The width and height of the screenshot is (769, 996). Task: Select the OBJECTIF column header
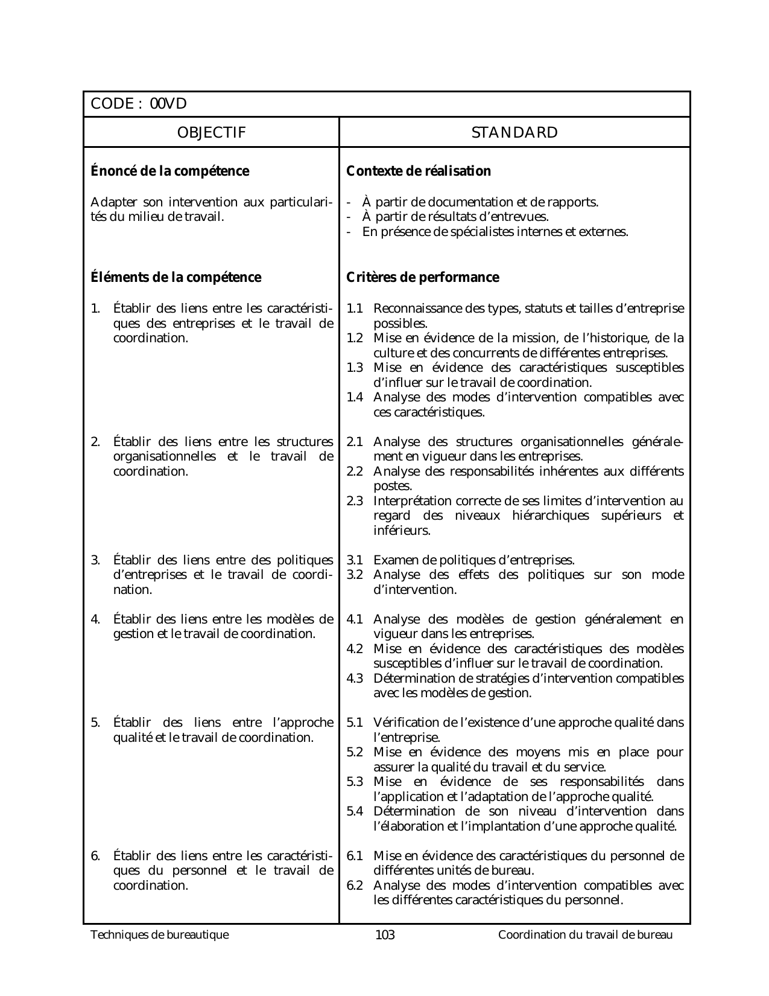coord(211,133)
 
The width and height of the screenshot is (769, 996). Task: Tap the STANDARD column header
coord(514,133)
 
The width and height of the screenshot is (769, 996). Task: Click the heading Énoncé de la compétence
coord(169,171)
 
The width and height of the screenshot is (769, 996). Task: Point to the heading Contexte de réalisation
coord(419,171)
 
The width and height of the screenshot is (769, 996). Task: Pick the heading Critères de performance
coord(423,278)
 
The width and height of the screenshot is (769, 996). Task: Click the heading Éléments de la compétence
coord(176,278)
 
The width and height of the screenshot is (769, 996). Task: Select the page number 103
coord(385,936)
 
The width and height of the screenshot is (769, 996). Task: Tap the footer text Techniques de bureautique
coord(160,935)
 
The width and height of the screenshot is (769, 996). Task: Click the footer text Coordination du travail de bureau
coord(585,935)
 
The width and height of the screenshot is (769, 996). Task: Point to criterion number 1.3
coord(355,368)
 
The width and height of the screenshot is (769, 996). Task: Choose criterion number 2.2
coord(355,471)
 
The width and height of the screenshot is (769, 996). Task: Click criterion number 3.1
coord(355,560)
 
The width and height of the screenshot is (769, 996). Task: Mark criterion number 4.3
coord(355,678)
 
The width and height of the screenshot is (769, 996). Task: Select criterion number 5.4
coord(355,812)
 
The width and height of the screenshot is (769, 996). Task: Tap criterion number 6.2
coord(355,886)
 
